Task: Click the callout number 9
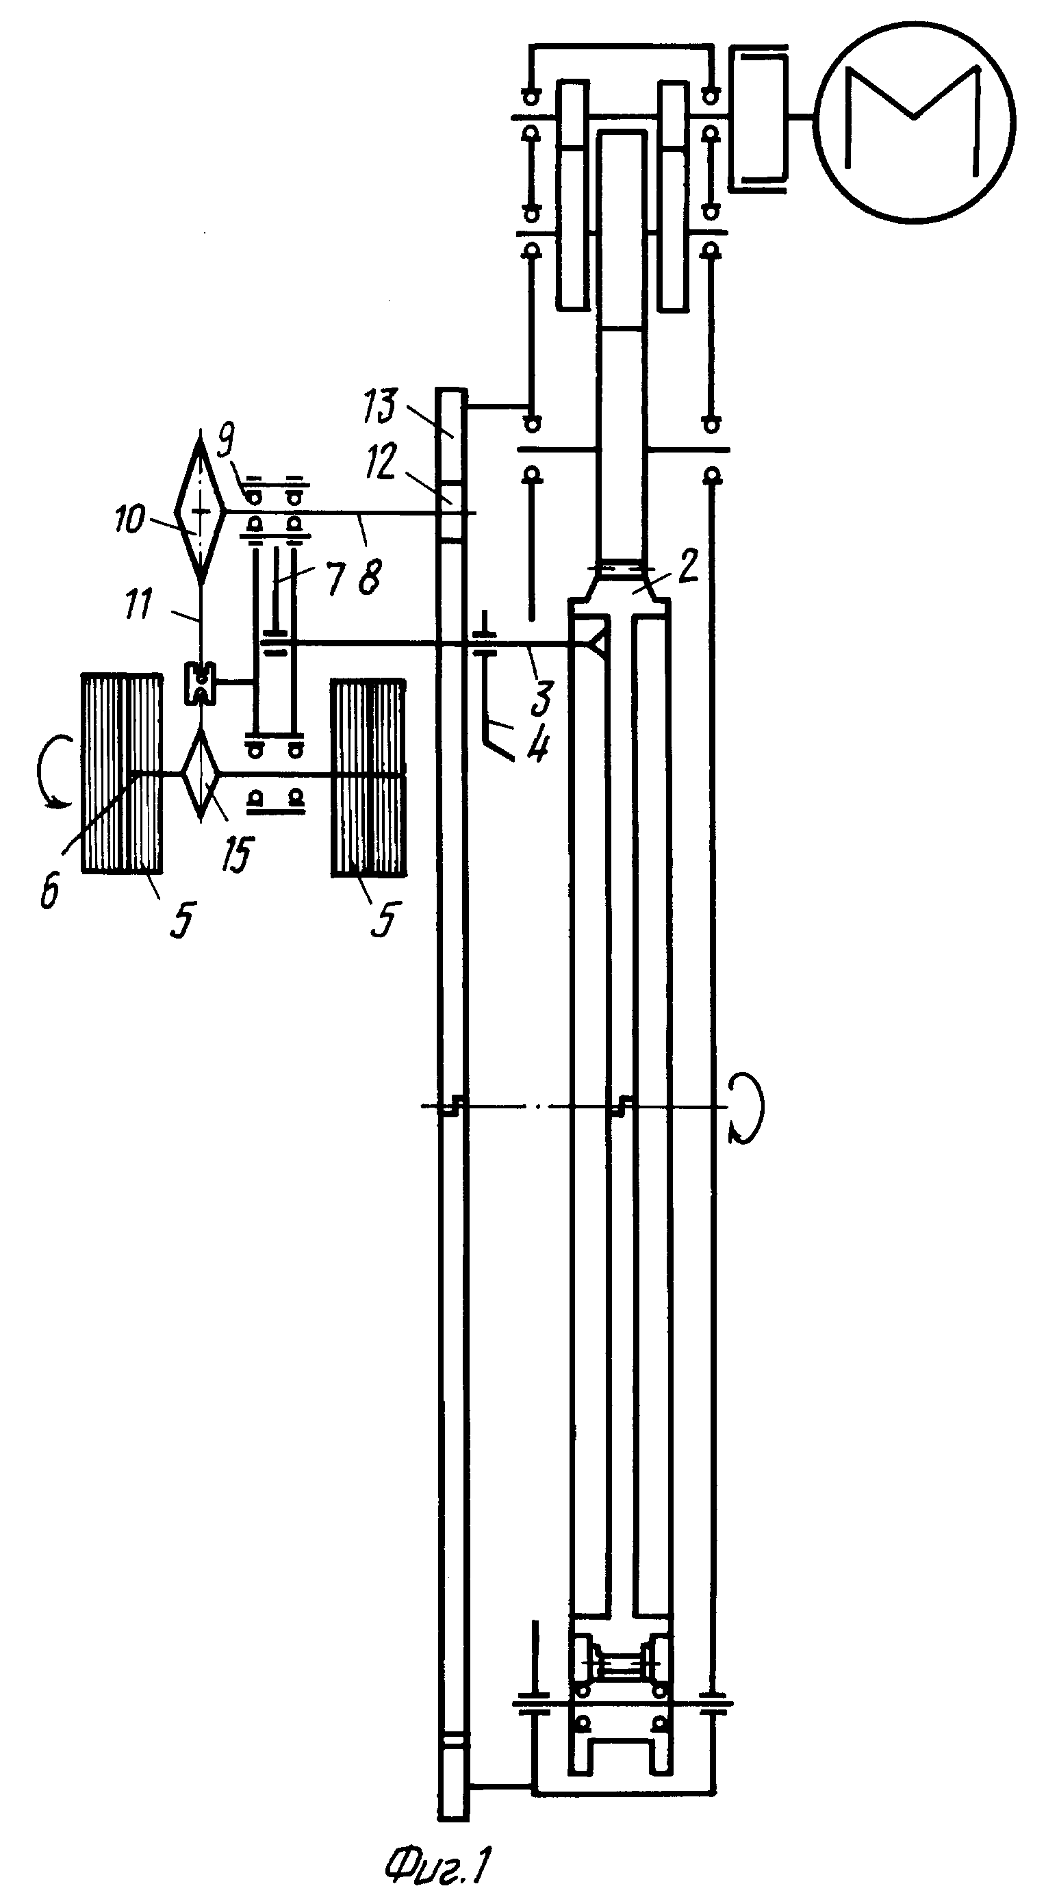click(x=226, y=442)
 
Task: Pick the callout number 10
click(x=131, y=520)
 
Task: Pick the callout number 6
click(x=49, y=892)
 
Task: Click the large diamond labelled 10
click(x=201, y=508)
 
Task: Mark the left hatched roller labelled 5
click(x=122, y=773)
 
